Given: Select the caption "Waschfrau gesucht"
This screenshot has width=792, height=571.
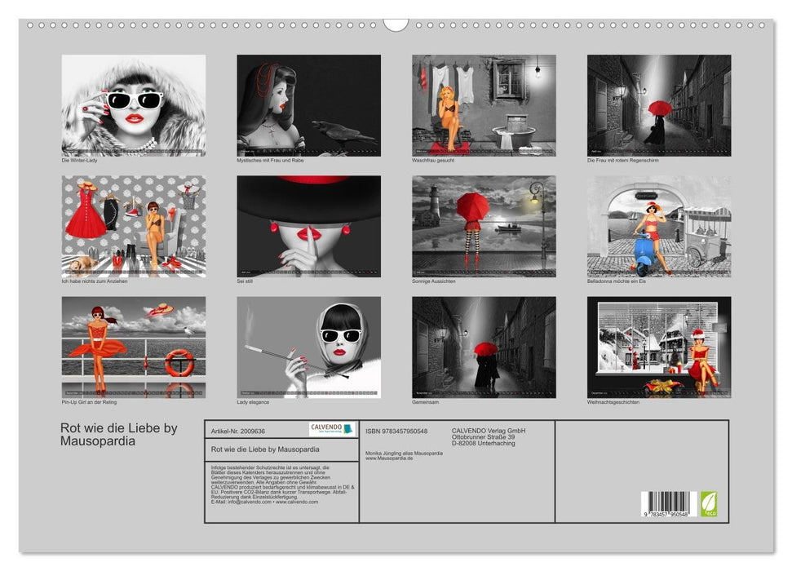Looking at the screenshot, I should [x=433, y=160].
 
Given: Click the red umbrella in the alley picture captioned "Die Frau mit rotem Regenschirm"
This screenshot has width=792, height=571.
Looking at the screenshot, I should [x=659, y=108].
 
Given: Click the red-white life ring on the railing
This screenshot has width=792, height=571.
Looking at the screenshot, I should [x=179, y=362].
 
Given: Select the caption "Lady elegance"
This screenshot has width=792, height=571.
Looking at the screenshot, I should [x=253, y=401].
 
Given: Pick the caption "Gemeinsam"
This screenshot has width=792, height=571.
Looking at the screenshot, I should [x=427, y=401].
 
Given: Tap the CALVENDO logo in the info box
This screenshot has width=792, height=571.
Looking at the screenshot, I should [x=332, y=429].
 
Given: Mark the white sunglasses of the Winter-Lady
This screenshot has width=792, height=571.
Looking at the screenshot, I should [x=135, y=100].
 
